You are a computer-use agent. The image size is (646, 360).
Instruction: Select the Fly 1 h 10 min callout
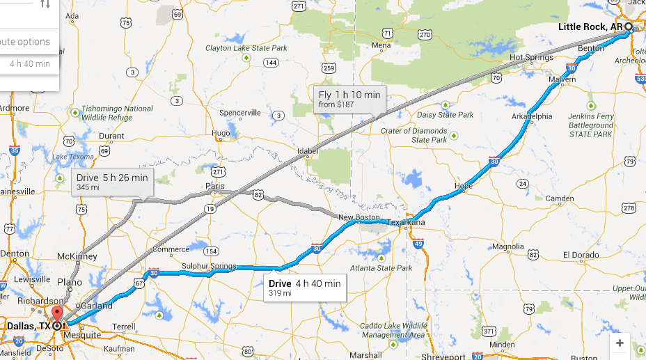pyautogui.click(x=350, y=100)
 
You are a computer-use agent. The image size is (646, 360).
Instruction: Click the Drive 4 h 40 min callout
pyautogui.click(x=304, y=288)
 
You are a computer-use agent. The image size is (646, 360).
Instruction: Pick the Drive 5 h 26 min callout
pyautogui.click(x=112, y=182)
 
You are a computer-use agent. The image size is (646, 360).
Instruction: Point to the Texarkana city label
pyautogui.click(x=406, y=223)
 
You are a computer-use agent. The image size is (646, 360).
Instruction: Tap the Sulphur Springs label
pyautogui.click(x=208, y=266)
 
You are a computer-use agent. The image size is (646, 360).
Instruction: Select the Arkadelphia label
pyautogui.click(x=532, y=116)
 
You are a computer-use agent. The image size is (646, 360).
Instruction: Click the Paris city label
pyautogui.click(x=214, y=186)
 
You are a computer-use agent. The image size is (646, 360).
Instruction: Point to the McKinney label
pyautogui.click(x=77, y=256)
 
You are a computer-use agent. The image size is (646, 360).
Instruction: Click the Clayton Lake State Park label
pyautogui.click(x=246, y=48)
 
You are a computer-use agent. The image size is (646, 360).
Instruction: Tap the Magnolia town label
pyautogui.click(x=507, y=246)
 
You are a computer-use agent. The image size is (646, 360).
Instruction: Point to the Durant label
pyautogui.click(x=111, y=136)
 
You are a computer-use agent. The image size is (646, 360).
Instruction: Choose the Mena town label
pyautogui.click(x=381, y=45)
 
